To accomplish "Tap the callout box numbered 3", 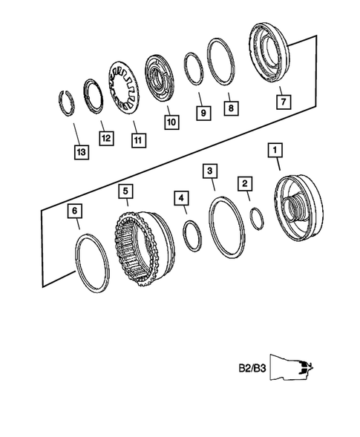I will click(212, 172).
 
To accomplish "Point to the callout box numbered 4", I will click(182, 198).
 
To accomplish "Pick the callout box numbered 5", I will click(126, 191).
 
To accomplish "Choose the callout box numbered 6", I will click(74, 211).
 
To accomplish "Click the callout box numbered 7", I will click(282, 96).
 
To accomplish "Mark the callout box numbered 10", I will click(171, 121).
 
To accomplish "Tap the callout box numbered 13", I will click(81, 152).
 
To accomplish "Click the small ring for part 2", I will click(255, 220).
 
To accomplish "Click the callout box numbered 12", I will click(107, 137).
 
